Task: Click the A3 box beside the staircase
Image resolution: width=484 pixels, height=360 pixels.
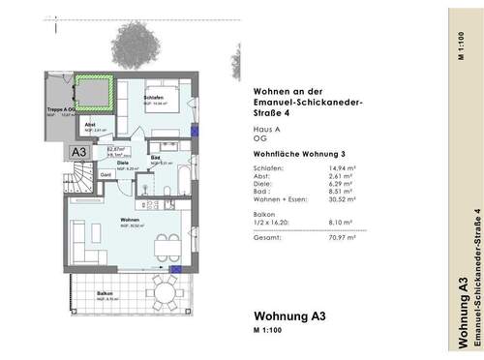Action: pyautogui.click(x=76, y=152)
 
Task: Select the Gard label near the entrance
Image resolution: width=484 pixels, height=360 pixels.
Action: pyautogui.click(x=106, y=174)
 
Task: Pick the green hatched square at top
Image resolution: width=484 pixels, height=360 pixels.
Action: pyautogui.click(x=96, y=92)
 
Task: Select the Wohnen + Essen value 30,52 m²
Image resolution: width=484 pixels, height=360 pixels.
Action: pyautogui.click(x=344, y=199)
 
